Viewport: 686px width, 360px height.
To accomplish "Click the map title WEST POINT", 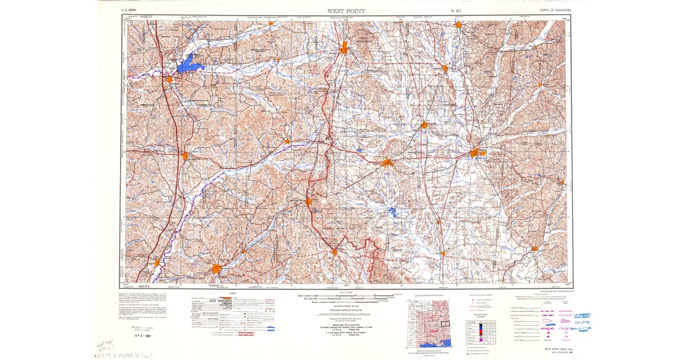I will point(346,11).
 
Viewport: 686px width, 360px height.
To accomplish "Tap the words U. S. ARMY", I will point(129,10).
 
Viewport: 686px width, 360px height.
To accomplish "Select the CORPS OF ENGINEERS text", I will point(555,10).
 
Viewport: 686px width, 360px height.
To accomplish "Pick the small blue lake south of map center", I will point(392,212).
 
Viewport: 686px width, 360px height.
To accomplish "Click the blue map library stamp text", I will point(578,315).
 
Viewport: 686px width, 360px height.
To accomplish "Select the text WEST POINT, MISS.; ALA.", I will point(553,347).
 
